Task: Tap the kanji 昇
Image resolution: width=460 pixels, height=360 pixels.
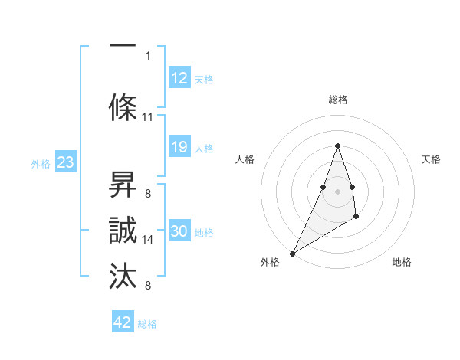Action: [123, 184]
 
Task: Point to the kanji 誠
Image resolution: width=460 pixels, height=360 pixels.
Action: [123, 231]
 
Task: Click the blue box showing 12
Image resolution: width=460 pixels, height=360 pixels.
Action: [179, 79]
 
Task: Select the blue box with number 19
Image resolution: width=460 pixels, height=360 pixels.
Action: [179, 148]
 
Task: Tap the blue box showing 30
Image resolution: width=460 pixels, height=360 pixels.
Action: [179, 232]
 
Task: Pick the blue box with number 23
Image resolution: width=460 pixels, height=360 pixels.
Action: [65, 163]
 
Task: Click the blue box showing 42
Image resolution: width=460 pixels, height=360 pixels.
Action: [123, 322]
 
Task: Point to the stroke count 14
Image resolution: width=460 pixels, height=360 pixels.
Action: [148, 240]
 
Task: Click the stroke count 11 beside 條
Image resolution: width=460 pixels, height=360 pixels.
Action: [148, 117]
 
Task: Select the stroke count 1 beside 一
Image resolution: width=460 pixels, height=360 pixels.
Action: [148, 55]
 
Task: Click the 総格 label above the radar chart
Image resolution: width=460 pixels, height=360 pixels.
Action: [337, 100]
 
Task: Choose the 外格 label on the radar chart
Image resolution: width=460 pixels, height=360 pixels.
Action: [270, 263]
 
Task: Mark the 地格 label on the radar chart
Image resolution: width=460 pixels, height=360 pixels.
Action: [402, 263]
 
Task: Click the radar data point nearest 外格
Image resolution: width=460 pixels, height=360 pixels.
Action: [292, 253]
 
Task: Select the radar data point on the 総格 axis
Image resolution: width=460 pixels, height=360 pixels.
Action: [337, 146]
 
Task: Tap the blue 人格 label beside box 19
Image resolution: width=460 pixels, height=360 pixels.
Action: [204, 149]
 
